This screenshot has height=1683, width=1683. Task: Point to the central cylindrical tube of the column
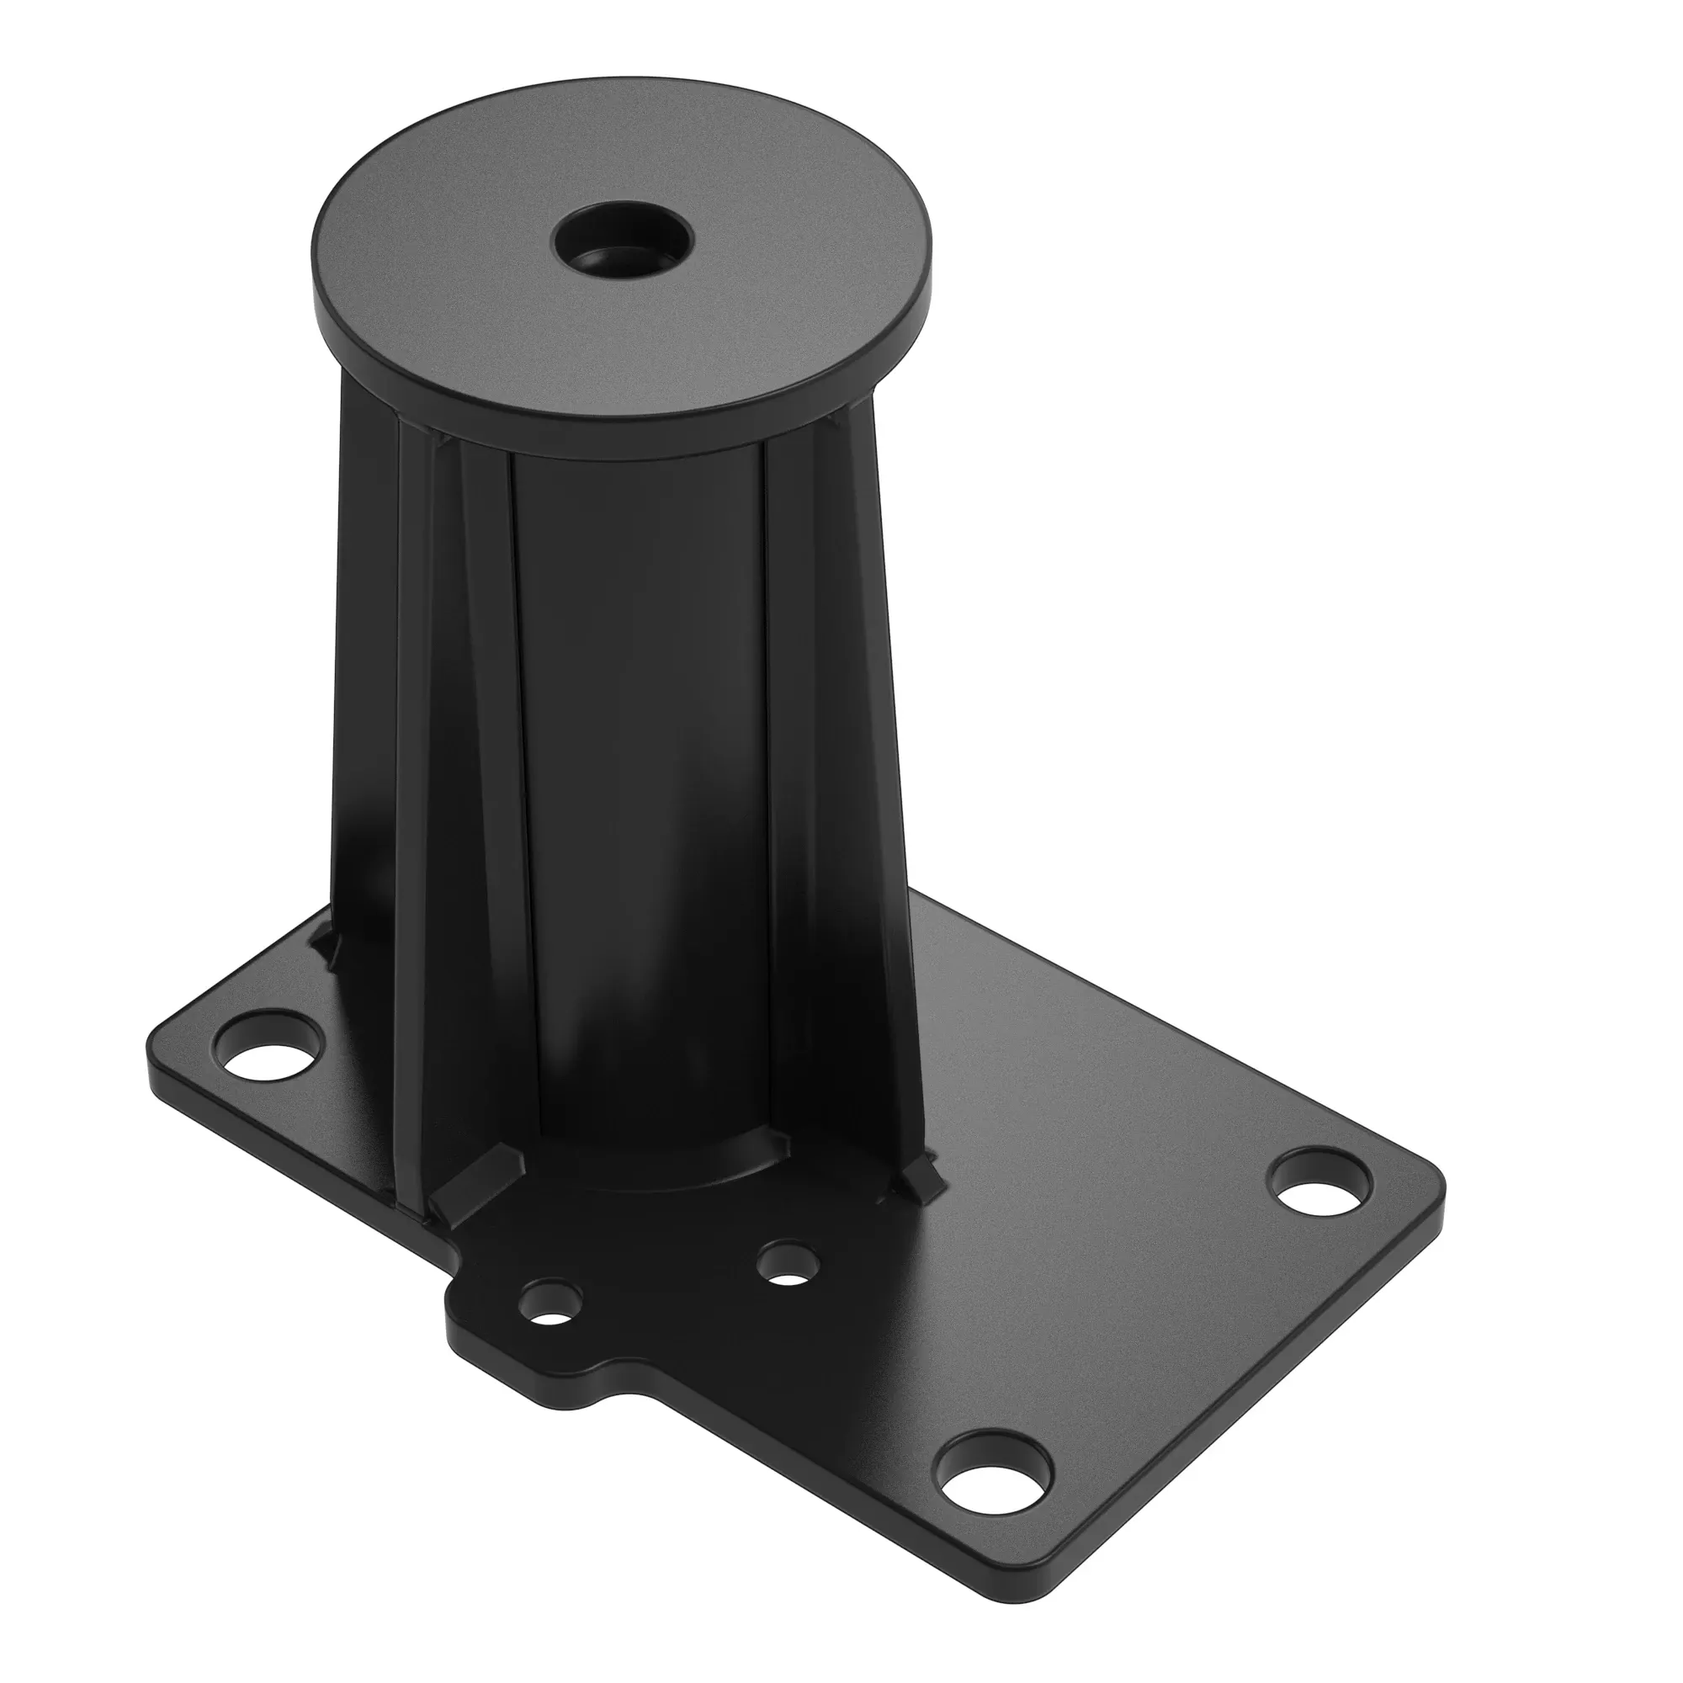point(640,784)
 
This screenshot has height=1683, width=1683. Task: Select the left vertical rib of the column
point(453,784)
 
